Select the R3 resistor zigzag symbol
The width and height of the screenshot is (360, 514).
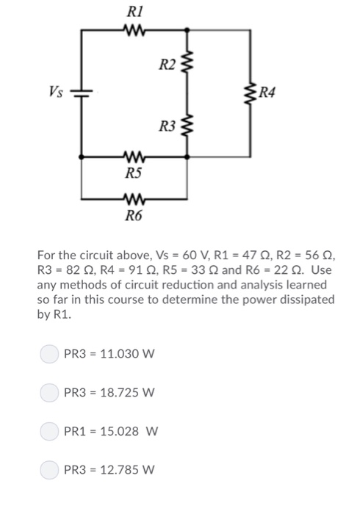[190, 124]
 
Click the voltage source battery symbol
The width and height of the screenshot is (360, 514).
[81, 93]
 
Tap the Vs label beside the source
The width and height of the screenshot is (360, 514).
[56, 92]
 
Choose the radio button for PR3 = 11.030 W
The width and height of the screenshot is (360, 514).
[48, 354]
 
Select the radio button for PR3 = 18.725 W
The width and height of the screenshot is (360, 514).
[48, 392]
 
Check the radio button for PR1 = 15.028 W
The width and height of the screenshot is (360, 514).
[48, 430]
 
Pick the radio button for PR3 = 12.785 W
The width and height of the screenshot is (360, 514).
[48, 468]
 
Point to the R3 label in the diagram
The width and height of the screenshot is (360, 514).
[168, 126]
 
